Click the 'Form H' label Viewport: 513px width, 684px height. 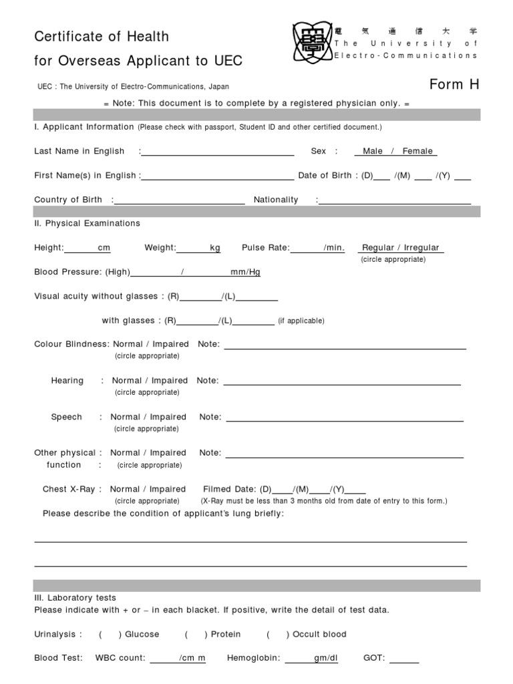(455, 85)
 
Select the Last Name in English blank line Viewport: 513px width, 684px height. (218, 152)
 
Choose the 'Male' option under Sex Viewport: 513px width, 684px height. (373, 152)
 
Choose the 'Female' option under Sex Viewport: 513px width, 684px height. (417, 152)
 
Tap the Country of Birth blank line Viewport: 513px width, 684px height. (180, 200)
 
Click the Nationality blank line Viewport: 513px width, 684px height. (395, 200)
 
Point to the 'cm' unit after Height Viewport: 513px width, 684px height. (104, 248)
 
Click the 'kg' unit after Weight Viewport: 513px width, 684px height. (215, 248)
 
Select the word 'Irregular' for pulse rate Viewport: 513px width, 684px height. (421, 248)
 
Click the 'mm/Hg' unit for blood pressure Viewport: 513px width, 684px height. (245, 272)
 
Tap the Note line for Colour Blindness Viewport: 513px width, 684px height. (345, 346)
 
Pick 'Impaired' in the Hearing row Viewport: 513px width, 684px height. (170, 381)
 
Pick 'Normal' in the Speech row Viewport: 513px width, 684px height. (126, 417)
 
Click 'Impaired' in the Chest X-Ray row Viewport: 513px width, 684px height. (168, 489)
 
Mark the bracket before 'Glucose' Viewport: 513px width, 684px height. (110, 635)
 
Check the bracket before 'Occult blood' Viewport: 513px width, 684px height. (278, 635)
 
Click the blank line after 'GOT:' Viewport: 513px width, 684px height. (404, 659)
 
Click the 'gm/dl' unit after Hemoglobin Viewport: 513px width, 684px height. (326, 658)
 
